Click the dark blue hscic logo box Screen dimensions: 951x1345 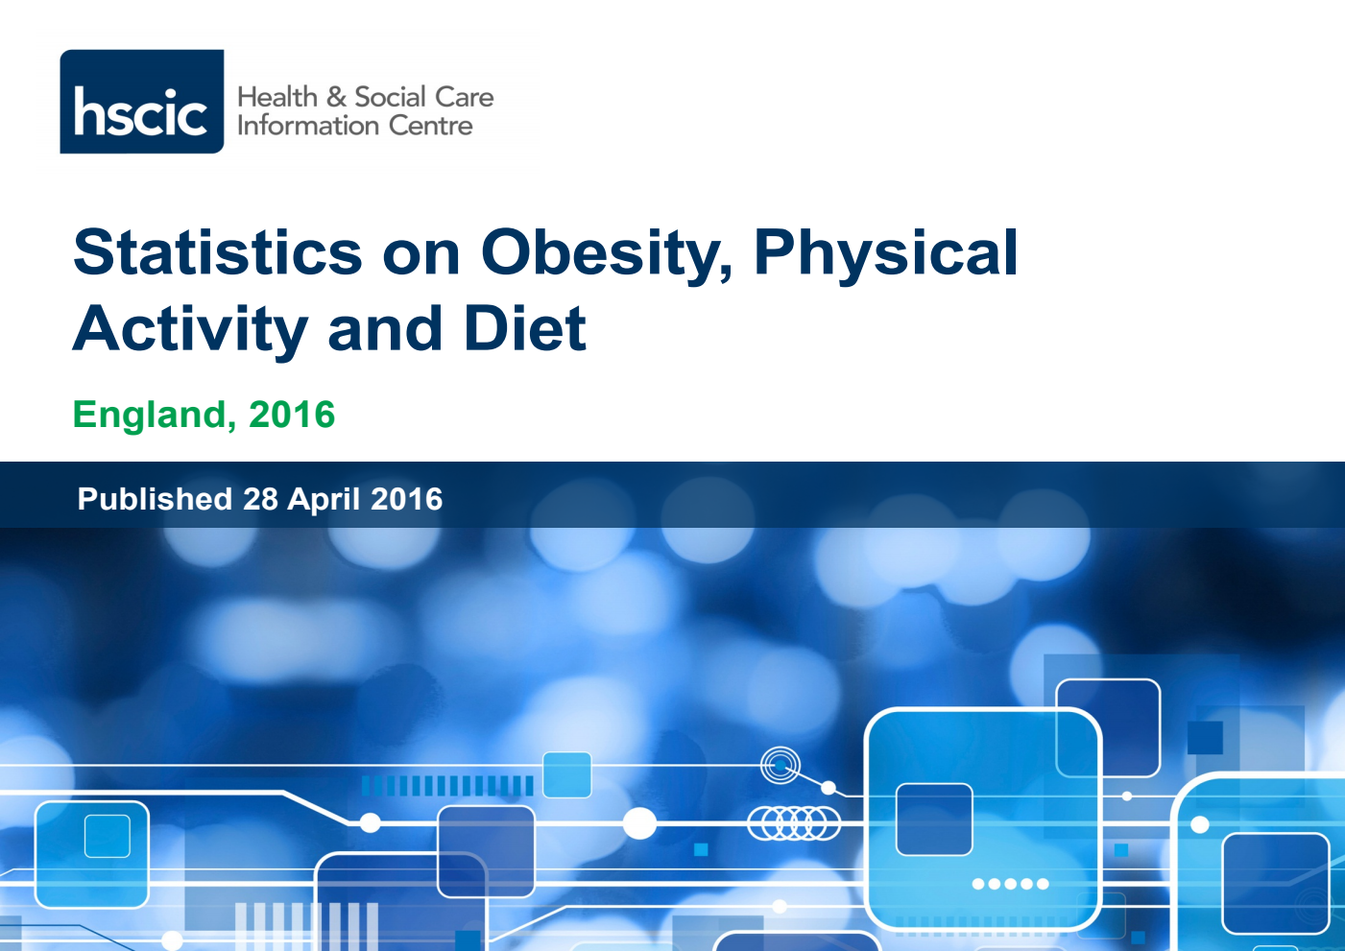(142, 102)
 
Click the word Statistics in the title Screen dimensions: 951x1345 (218, 253)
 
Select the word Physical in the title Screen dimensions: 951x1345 (885, 253)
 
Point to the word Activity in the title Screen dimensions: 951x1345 (190, 329)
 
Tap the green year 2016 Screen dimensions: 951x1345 (292, 416)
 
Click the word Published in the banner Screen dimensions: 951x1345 (155, 499)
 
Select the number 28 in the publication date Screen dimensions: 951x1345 (260, 499)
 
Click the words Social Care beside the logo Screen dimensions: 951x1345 (424, 97)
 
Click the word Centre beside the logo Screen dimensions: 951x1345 (431, 126)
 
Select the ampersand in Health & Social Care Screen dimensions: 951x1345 (336, 97)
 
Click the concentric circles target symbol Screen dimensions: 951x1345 (781, 766)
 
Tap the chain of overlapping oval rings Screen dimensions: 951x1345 (794, 822)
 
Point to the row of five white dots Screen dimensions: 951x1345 (1010, 884)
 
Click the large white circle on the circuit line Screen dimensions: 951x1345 (639, 823)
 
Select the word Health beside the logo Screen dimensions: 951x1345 (277, 97)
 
